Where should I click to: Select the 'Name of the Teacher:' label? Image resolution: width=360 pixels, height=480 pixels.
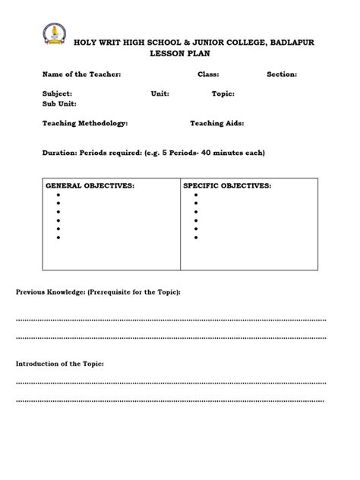click(x=81, y=74)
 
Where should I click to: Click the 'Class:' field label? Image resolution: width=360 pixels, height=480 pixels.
click(x=208, y=74)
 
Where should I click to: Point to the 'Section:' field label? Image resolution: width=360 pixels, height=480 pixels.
click(x=282, y=74)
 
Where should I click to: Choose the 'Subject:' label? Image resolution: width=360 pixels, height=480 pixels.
click(x=58, y=93)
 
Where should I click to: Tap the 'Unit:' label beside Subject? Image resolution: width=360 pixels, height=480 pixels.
click(x=159, y=93)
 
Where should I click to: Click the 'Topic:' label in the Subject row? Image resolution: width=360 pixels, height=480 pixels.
click(x=223, y=93)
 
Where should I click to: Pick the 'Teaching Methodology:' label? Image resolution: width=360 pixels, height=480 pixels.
click(x=85, y=122)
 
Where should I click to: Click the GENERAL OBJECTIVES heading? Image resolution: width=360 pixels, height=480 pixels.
click(x=90, y=185)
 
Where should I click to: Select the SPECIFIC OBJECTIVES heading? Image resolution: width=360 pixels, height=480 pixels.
click(x=227, y=185)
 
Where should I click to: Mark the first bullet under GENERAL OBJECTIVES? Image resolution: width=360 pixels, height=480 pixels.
click(x=58, y=195)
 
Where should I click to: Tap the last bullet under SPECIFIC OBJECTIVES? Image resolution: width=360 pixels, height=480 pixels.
click(x=196, y=238)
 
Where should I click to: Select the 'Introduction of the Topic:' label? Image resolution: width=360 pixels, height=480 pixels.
click(x=60, y=364)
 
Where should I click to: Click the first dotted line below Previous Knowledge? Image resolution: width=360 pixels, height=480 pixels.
click(x=171, y=320)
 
